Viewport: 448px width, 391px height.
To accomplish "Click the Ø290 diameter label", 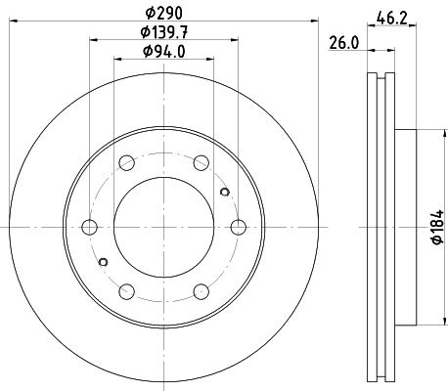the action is [164, 14].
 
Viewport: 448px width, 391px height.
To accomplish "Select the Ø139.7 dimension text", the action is [164, 32].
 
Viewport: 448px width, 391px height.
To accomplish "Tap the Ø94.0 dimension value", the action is [164, 52].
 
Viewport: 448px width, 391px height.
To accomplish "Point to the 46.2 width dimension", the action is [392, 18].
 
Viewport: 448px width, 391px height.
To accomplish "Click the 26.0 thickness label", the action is [344, 43].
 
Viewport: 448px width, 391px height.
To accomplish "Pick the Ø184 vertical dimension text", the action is [438, 227].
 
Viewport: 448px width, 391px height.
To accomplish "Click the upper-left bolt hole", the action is [127, 163].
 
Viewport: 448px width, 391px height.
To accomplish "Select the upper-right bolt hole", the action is [202, 163].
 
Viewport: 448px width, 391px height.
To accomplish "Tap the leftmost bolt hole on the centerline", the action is [89, 227].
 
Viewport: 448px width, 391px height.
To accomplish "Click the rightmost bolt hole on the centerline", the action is [239, 227].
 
